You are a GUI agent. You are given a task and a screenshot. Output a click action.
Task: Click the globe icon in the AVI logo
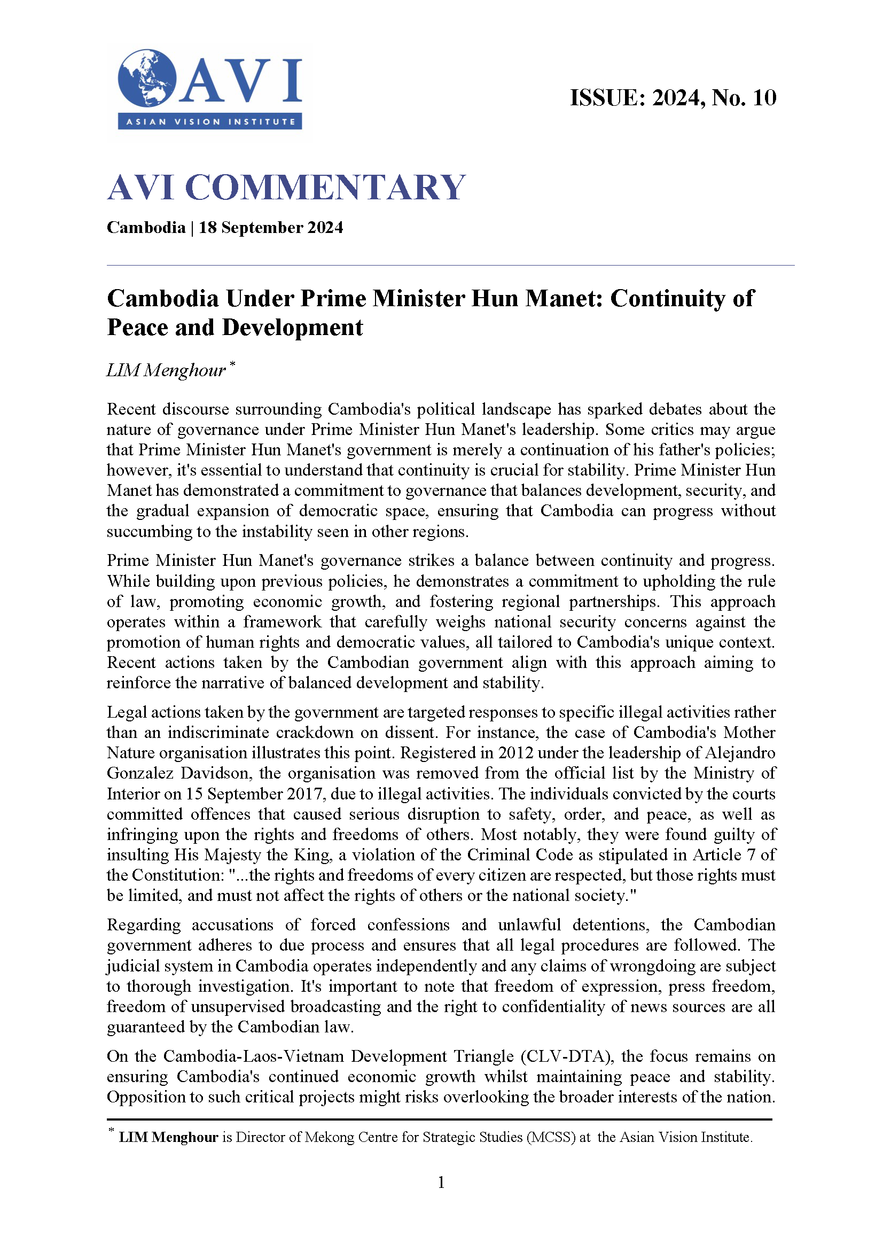147,79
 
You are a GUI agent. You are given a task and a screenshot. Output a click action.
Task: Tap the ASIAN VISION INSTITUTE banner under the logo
210,122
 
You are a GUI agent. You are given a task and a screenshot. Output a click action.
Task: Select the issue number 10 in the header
764,98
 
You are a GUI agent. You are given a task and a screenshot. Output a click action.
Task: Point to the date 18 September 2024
271,227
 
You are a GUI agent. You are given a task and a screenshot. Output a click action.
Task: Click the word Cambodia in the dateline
146,227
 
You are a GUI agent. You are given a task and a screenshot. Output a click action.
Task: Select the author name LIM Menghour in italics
166,370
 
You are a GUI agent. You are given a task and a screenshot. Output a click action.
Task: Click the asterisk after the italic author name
233,363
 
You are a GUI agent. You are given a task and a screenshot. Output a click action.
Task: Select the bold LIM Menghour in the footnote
169,1137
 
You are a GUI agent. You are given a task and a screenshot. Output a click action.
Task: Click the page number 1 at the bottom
441,1182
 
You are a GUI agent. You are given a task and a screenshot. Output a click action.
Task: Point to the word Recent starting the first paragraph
131,409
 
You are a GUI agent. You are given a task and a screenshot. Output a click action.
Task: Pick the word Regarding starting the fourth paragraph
144,924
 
